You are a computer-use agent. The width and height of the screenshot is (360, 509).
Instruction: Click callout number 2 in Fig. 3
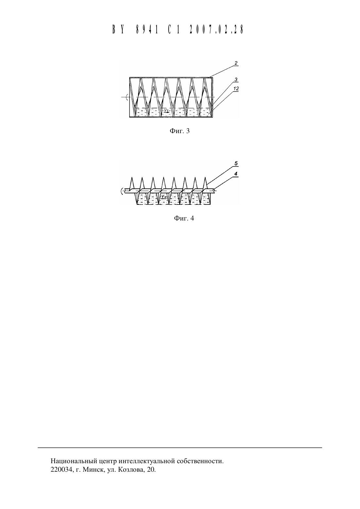coord(236,63)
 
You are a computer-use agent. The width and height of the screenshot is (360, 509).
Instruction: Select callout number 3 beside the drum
coord(236,79)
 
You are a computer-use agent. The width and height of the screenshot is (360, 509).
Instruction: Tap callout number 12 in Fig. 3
coord(236,89)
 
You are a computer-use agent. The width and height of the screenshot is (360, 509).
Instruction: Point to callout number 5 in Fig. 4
coord(236,163)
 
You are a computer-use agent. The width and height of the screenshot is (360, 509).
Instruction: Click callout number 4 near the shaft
coord(236,174)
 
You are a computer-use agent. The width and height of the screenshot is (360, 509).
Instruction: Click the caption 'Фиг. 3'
coord(180,131)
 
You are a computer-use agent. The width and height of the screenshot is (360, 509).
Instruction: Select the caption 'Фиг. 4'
coord(184,219)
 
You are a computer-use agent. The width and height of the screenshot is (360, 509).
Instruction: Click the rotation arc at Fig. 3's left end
coord(127,97)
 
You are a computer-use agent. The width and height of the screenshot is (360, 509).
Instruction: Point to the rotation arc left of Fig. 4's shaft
coord(122,191)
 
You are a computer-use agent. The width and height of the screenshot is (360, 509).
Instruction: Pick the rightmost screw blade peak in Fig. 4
coord(205,178)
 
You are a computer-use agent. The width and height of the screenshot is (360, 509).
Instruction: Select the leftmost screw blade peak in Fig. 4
coord(131,178)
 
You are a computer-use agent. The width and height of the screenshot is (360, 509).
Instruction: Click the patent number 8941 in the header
coord(147,29)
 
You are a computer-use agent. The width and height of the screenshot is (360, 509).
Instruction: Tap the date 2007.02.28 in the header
coord(216,29)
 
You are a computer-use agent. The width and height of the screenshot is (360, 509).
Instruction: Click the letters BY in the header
coord(118,29)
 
